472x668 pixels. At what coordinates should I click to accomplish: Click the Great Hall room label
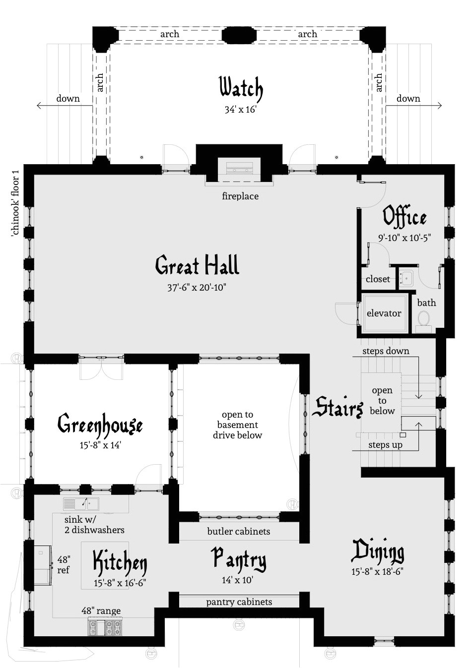(197, 266)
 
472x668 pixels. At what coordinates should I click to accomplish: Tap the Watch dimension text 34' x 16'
(240, 110)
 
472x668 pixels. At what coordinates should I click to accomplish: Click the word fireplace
(240, 196)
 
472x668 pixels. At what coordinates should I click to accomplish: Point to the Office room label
(405, 217)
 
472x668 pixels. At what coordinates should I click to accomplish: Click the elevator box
(384, 313)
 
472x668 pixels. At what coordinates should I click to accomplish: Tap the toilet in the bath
(423, 318)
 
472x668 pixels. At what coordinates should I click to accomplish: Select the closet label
(378, 279)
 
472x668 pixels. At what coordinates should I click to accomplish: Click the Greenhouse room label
(100, 425)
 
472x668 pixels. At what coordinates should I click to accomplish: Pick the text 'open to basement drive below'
(237, 425)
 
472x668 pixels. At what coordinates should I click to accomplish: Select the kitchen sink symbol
(81, 504)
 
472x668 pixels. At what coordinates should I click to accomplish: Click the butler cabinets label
(239, 532)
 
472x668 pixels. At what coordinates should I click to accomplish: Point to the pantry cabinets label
(239, 602)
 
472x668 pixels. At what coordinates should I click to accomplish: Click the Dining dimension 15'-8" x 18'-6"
(377, 572)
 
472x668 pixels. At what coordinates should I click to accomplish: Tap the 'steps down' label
(386, 351)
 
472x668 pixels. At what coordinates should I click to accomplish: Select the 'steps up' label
(385, 445)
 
